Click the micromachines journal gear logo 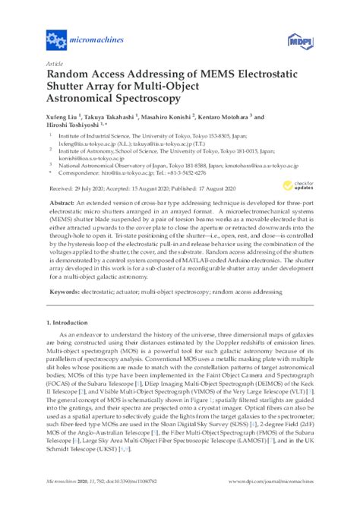[56, 36]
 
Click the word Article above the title [55, 64]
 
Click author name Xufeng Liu [64, 118]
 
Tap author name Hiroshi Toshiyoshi [74, 126]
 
